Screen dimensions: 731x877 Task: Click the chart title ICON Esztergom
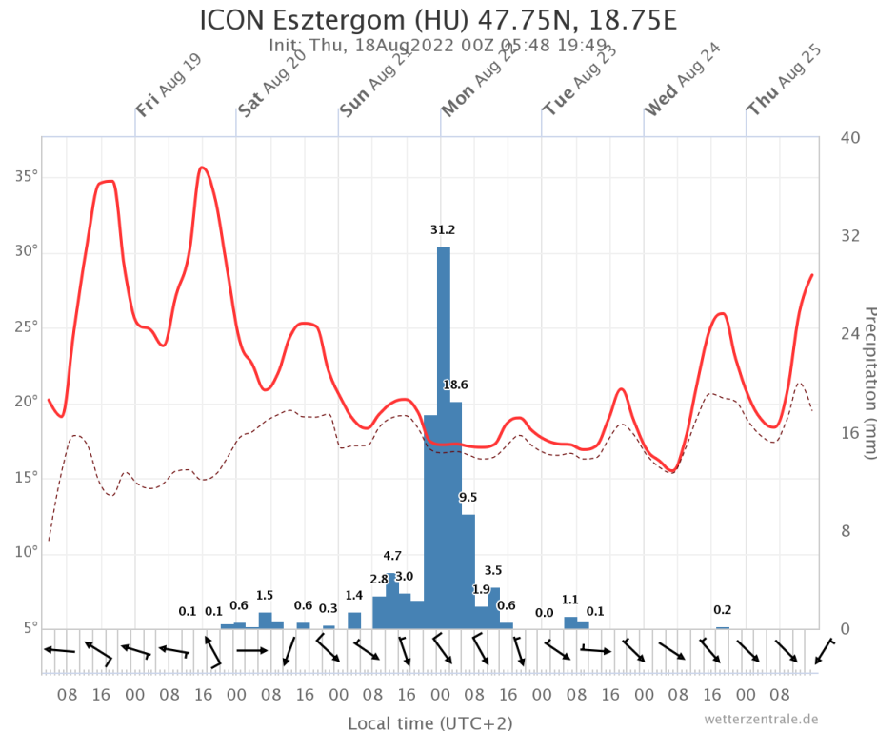pos(438,20)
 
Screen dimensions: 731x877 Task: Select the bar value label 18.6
pos(456,385)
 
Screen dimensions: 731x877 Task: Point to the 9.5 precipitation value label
pos(468,497)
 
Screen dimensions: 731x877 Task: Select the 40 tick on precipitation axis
pos(848,138)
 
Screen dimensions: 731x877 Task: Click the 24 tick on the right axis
pos(848,333)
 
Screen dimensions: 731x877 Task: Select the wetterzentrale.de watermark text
pos(762,719)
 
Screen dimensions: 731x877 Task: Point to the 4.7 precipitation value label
pos(392,556)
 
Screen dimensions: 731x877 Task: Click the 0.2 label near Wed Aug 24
pos(723,610)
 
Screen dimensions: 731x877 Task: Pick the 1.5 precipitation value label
pos(265,596)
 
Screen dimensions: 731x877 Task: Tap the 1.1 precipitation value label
pos(570,600)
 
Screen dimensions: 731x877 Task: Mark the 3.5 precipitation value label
pos(493,570)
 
